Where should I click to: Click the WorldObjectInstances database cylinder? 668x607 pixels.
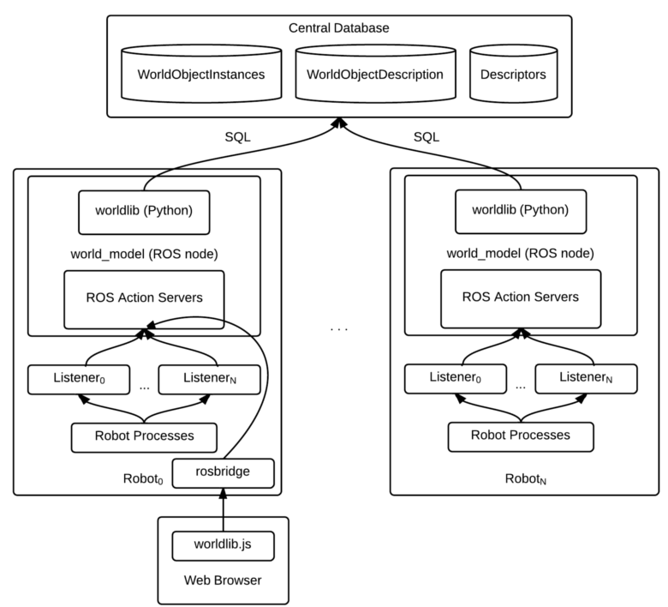[200, 75]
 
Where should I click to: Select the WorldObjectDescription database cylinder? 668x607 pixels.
[374, 75]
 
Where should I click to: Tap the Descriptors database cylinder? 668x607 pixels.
[513, 75]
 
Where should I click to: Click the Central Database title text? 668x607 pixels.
[340, 28]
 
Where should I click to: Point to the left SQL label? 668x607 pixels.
[237, 136]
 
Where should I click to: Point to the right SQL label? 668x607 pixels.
[426, 136]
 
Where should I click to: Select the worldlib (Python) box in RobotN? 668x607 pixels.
[521, 211]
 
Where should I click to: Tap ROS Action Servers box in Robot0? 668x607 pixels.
[144, 298]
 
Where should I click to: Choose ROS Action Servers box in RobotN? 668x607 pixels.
[521, 297]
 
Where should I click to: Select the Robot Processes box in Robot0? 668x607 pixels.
[144, 436]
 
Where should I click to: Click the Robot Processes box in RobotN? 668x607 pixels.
[521, 436]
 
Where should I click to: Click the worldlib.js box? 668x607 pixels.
[223, 545]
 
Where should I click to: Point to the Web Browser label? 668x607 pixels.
[223, 580]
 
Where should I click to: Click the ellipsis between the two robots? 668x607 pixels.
[339, 328]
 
